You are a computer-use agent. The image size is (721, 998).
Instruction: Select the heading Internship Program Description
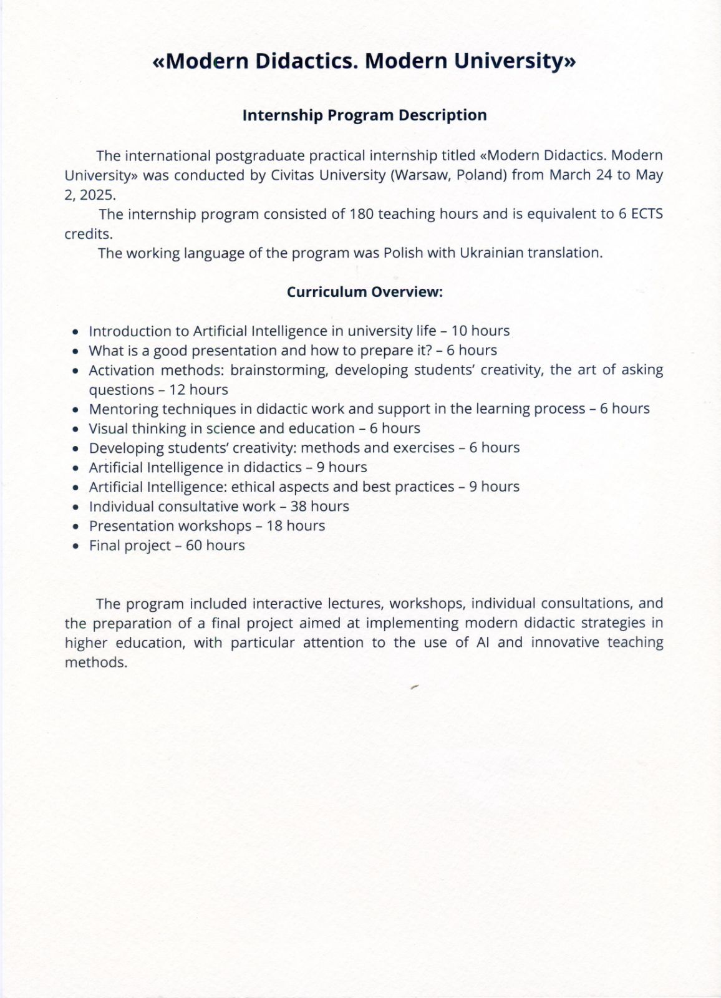364,115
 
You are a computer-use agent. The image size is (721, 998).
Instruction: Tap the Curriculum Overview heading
364,292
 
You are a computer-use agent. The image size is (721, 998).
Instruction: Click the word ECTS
647,214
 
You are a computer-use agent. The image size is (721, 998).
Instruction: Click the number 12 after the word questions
177,390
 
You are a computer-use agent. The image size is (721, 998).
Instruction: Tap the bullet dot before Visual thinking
75,430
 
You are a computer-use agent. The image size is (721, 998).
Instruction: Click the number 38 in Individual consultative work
298,506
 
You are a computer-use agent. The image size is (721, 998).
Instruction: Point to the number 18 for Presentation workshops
274,526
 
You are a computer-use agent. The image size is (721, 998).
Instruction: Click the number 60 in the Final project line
194,546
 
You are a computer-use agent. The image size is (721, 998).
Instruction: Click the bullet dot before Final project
75,546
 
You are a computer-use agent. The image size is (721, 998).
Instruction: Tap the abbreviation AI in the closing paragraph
482,642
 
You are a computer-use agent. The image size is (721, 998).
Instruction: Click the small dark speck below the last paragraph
414,687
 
